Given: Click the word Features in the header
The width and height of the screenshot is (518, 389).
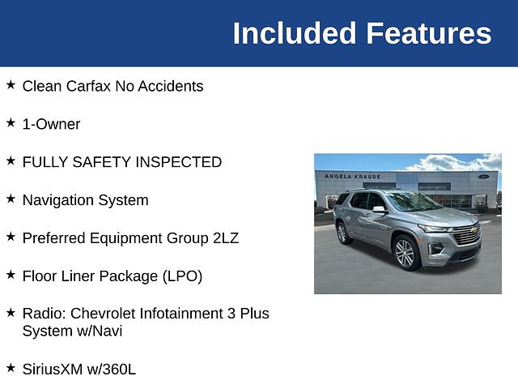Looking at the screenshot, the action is (429, 33).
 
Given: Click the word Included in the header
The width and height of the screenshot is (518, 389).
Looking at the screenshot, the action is (295, 33).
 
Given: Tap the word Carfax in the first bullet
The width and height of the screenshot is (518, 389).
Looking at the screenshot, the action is (88, 87).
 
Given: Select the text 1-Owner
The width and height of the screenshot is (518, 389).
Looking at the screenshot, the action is (51, 124).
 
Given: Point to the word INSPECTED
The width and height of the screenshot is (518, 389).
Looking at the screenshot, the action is (178, 162).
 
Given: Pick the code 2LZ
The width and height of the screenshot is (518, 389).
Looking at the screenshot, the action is (226, 238).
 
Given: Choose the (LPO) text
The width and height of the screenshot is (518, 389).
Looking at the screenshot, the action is (182, 276).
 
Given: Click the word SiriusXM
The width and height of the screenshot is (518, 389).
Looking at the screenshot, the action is (53, 370).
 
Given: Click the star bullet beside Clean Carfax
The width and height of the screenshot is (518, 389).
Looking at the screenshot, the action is (11, 84).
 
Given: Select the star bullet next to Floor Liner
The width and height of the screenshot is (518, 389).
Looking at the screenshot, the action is (11, 275).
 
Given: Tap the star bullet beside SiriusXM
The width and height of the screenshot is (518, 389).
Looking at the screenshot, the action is (11, 367).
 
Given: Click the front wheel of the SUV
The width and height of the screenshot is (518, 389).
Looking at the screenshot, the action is (405, 253).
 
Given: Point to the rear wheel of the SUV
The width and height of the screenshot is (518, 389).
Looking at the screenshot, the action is (342, 233).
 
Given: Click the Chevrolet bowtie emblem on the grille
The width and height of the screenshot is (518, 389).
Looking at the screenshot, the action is (474, 230).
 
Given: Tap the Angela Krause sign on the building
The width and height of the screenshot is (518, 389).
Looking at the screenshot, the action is (353, 177).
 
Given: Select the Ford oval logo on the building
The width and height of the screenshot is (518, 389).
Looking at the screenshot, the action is (483, 177).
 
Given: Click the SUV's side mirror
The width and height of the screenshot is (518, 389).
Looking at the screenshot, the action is (379, 210).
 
